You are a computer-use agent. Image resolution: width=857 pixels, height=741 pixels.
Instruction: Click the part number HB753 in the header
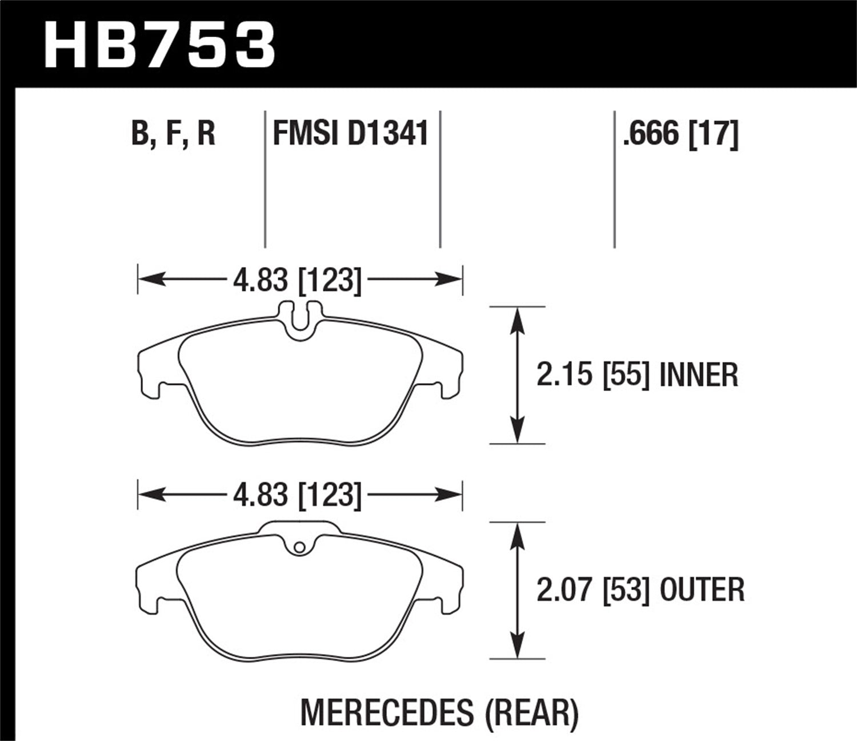click(x=160, y=45)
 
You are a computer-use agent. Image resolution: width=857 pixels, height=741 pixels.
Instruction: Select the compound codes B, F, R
click(x=173, y=134)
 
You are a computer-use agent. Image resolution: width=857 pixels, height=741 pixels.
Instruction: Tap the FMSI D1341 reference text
click(x=351, y=134)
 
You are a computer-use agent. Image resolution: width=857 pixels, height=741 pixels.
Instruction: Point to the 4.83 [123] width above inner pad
click(x=297, y=280)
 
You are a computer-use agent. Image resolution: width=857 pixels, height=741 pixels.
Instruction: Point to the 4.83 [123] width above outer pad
click(x=297, y=495)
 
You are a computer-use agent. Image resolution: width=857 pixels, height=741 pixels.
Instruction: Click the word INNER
click(x=698, y=376)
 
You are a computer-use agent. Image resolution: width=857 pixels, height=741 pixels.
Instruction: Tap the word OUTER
click(x=702, y=589)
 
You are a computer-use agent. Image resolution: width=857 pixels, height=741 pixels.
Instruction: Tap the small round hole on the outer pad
click(x=298, y=548)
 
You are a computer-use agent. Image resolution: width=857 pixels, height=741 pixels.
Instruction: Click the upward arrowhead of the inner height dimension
click(x=517, y=318)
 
